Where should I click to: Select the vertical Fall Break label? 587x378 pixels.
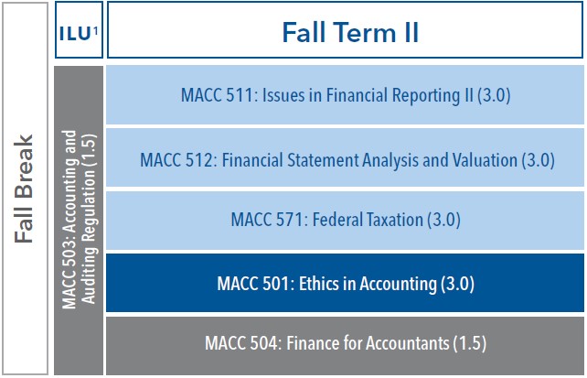26,189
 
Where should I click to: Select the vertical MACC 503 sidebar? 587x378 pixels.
79,220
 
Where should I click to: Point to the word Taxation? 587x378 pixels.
387,221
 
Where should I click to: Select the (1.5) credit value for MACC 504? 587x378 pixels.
467,345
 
